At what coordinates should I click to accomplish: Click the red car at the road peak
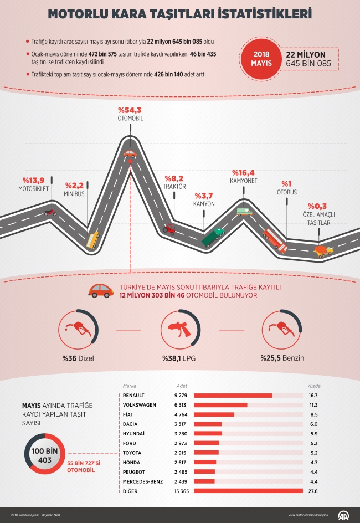[x=130, y=154]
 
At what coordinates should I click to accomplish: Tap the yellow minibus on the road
[x=92, y=240]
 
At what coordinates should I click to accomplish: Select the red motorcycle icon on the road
[x=50, y=212]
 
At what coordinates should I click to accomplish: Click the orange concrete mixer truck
[x=323, y=251]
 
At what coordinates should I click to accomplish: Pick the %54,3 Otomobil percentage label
[x=130, y=110]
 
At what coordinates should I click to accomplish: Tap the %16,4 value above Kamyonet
[x=243, y=172]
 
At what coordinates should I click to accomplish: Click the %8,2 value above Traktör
[x=174, y=178]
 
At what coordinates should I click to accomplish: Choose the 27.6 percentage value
[x=313, y=491]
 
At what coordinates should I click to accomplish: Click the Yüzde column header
[x=313, y=386]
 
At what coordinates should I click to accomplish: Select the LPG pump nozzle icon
[x=181, y=330]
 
